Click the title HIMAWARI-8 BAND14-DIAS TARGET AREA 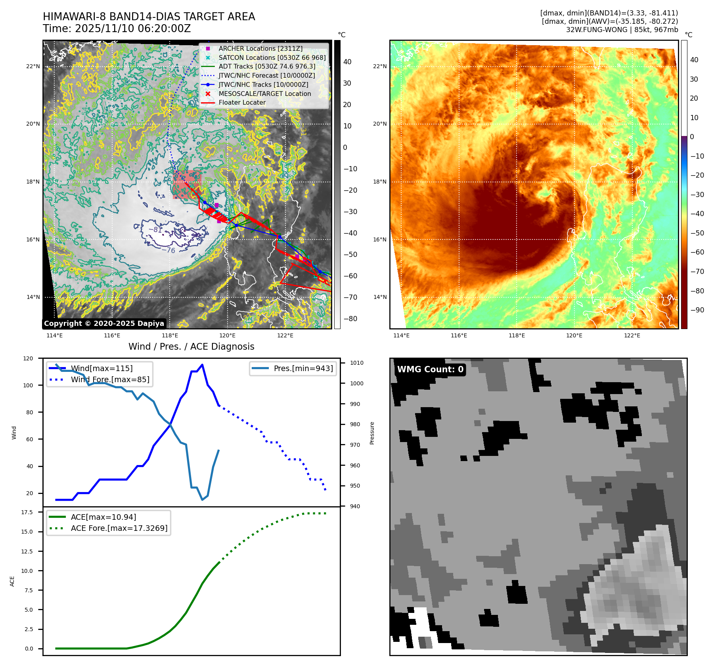149,17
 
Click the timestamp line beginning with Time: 117,29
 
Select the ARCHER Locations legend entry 260,48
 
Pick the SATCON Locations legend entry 272,57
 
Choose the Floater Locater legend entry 242,102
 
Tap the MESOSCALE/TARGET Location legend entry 264,94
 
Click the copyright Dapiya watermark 104,324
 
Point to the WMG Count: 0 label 430,369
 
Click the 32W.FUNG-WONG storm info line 622,30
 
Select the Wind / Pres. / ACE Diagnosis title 191,346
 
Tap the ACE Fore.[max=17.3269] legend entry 119,528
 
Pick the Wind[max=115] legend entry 101,368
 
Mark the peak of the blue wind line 202,365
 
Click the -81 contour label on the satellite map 155,230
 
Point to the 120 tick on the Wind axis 28,358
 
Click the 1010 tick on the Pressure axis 356,363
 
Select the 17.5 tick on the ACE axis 27,512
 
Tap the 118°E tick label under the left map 170,335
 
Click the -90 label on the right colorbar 697,310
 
